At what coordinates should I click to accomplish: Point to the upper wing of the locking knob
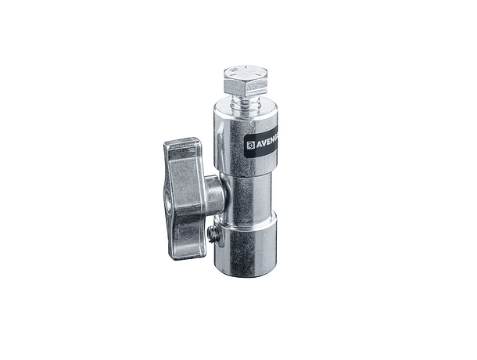(x=181, y=153)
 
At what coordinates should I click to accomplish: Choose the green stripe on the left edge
(x=29, y=180)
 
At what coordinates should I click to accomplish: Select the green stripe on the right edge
(x=447, y=180)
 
